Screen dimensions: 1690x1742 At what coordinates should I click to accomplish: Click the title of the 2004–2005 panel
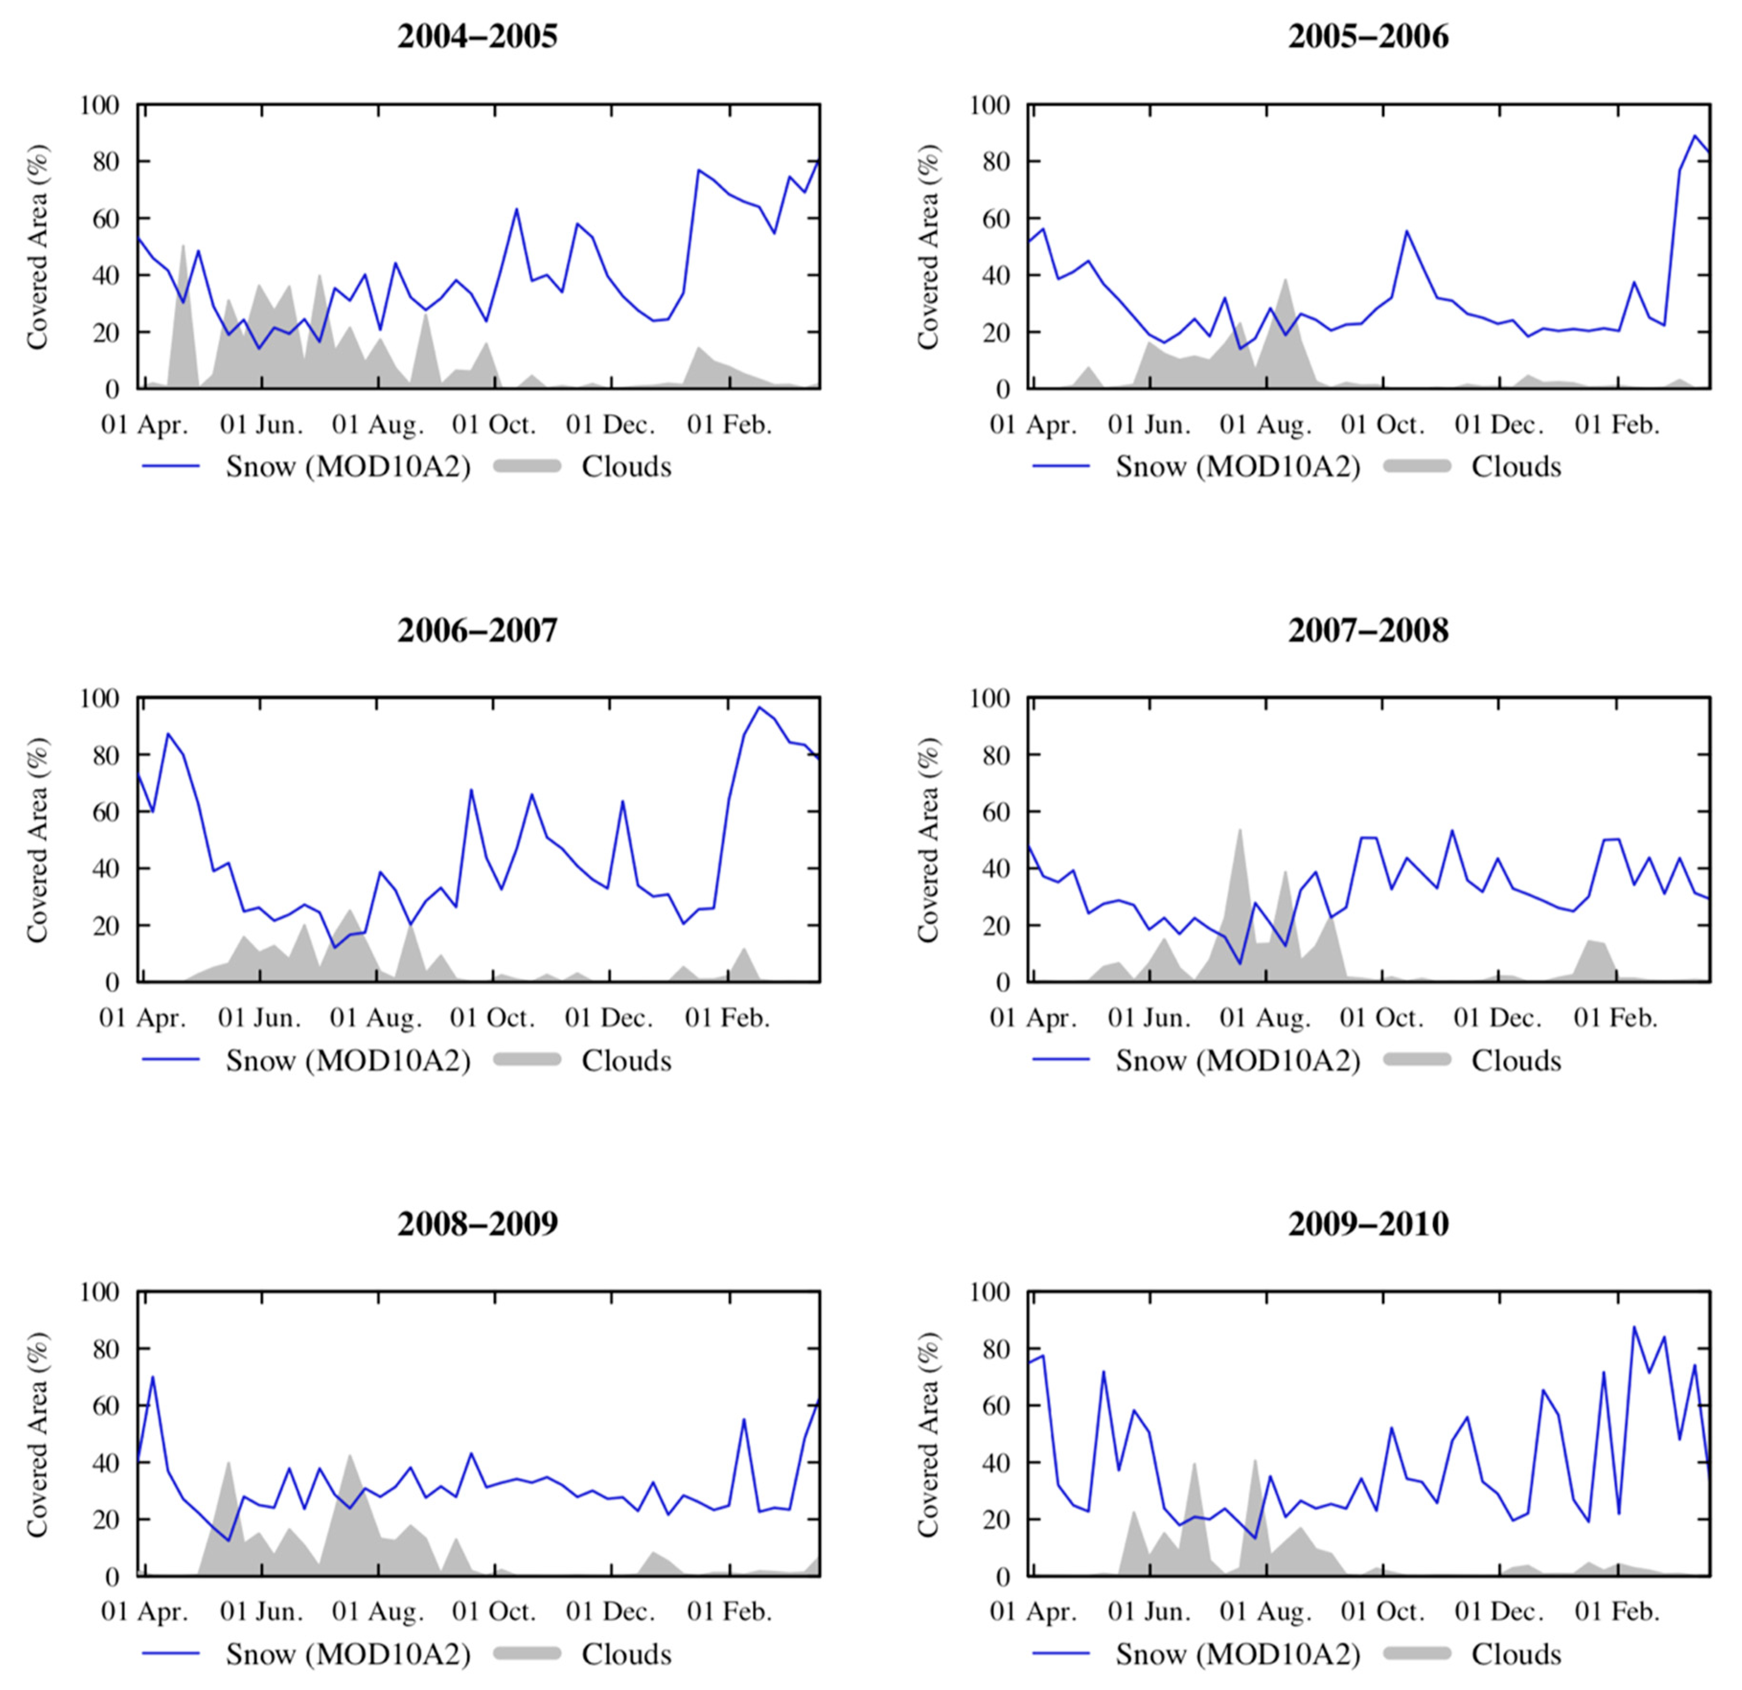[477, 36]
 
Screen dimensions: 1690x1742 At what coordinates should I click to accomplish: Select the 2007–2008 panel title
[1368, 630]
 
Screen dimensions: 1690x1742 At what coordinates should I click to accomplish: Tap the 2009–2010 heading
[1368, 1223]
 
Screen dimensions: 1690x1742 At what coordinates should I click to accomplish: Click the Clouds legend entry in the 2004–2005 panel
[626, 467]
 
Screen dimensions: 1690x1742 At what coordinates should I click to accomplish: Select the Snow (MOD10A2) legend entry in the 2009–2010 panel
[1237, 1655]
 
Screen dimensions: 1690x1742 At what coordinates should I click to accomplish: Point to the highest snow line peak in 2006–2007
[759, 707]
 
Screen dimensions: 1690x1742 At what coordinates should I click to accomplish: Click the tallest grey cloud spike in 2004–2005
[183, 246]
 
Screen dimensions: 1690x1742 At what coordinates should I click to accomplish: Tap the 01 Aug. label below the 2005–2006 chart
[1265, 425]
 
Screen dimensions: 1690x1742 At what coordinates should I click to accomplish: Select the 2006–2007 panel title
[477, 630]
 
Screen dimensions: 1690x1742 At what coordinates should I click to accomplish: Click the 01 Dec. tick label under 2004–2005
[610, 425]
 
